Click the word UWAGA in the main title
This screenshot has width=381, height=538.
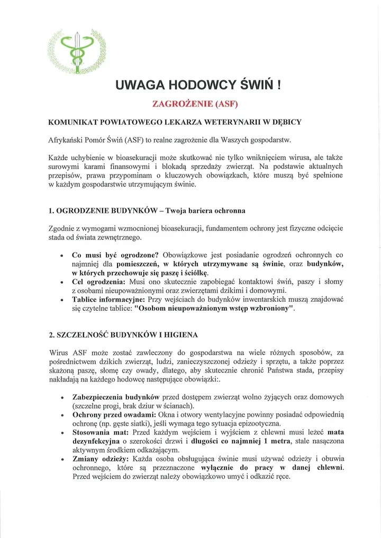(x=139, y=85)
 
